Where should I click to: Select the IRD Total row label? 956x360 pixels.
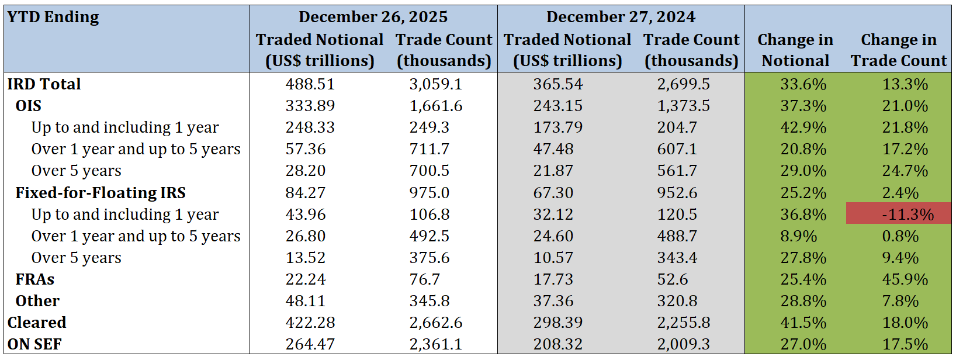[x=44, y=84]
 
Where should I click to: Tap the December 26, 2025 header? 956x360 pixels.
[x=373, y=17]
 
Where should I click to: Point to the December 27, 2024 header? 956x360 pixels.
[x=621, y=17]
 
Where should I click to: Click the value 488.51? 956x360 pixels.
[x=310, y=84]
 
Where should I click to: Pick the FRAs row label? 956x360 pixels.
[x=34, y=279]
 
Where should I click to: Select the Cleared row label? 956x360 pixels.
[x=37, y=323]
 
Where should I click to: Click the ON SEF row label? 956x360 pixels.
[x=34, y=344]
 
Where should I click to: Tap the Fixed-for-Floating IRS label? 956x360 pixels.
[x=101, y=193]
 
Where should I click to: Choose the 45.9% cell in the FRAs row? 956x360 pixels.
[x=905, y=279]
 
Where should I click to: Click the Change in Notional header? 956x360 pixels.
[x=795, y=50]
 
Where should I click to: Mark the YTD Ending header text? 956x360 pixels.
[x=53, y=17]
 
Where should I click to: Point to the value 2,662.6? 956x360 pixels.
[x=435, y=323]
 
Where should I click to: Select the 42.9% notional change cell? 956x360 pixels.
[x=803, y=127]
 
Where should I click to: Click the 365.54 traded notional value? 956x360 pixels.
[x=557, y=84]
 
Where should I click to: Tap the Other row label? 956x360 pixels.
[x=37, y=301]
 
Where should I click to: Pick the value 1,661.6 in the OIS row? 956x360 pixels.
[x=435, y=106]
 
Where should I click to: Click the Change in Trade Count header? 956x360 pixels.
[x=899, y=50]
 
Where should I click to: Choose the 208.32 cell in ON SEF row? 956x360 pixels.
[x=557, y=344]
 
